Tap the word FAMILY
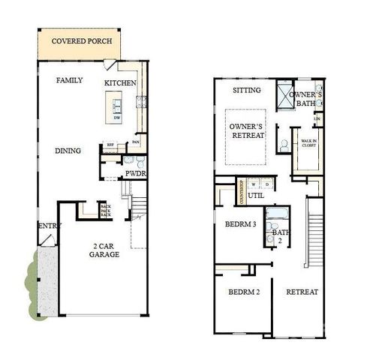(69, 80)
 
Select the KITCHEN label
(120, 82)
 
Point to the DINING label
(68, 151)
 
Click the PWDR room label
(135, 173)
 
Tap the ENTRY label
(50, 226)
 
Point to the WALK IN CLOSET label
(308, 143)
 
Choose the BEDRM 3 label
(241, 223)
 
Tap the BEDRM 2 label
(244, 291)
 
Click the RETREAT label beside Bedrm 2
(302, 291)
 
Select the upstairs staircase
(315, 232)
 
